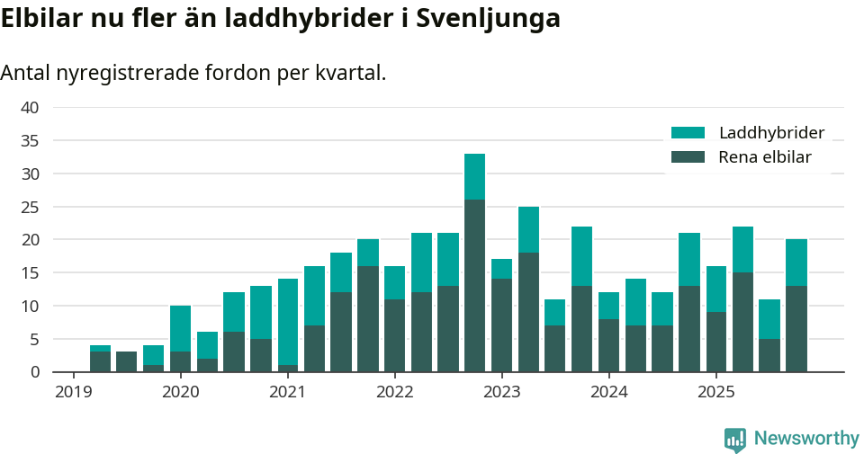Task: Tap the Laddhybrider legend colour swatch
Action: click(x=688, y=133)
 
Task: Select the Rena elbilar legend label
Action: click(x=765, y=157)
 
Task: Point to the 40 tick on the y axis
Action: click(x=30, y=108)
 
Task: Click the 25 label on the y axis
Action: click(x=30, y=207)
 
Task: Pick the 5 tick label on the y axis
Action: click(x=34, y=339)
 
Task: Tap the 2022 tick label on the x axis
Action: click(x=394, y=392)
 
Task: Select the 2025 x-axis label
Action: click(x=715, y=392)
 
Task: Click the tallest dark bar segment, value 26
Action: click(x=474, y=285)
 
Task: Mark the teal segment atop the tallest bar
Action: click(x=474, y=176)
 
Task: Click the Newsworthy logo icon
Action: click(x=735, y=439)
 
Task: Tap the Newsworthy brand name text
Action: click(x=806, y=439)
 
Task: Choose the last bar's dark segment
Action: click(x=796, y=328)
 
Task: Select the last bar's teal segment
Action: click(x=796, y=263)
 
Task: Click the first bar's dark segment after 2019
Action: click(x=100, y=361)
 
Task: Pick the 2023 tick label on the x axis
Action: click(x=501, y=392)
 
